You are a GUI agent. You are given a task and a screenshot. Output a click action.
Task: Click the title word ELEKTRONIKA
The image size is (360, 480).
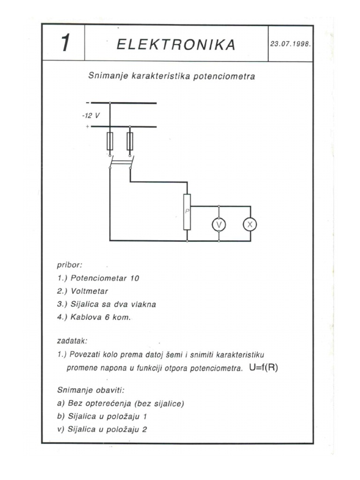pyautogui.click(x=176, y=45)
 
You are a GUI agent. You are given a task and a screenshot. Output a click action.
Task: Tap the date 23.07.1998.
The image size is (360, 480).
pyautogui.click(x=291, y=43)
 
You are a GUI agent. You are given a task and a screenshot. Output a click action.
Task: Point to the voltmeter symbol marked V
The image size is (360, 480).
pyautogui.click(x=218, y=225)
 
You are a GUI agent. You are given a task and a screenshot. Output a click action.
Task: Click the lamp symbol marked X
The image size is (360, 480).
pyautogui.click(x=250, y=225)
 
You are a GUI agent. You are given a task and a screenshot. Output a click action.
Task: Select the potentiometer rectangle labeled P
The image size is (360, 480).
pyautogui.click(x=187, y=212)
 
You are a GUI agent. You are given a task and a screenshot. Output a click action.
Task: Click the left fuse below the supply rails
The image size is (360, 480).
pyautogui.click(x=110, y=141)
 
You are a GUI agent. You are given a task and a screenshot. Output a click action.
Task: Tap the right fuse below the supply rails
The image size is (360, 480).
pyautogui.click(x=130, y=141)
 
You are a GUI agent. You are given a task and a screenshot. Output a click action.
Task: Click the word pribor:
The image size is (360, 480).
pyautogui.click(x=70, y=265)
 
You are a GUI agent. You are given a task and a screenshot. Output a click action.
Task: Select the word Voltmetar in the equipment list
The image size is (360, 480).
pyautogui.click(x=90, y=291)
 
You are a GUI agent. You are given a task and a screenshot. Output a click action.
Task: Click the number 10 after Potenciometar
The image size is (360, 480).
pyautogui.click(x=135, y=278)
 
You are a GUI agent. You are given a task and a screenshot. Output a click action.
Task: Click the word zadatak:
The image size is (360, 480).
pyautogui.click(x=73, y=342)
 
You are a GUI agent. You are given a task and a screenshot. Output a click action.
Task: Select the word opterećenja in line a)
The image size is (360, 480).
pyautogui.click(x=107, y=403)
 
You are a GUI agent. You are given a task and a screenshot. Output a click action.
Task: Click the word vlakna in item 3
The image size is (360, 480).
pyautogui.click(x=144, y=304)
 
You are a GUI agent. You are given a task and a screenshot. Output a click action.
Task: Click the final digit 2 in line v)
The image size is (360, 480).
pyautogui.click(x=145, y=428)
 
